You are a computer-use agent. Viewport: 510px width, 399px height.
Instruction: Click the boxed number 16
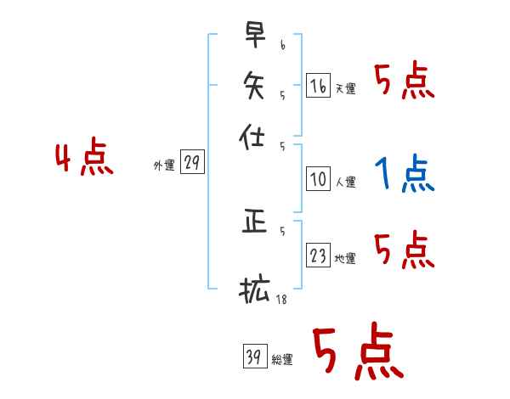(318, 85)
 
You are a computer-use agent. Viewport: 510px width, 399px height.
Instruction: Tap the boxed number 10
(318, 179)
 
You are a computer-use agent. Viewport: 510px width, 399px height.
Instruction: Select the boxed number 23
(318, 256)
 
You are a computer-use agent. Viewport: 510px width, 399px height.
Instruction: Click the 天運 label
(345, 88)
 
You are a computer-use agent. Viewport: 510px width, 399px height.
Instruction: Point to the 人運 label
(345, 182)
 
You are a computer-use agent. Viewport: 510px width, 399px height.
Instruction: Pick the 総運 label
(282, 359)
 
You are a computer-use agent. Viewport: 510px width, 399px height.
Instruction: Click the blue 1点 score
(405, 175)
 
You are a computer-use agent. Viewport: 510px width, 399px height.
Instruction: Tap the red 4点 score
(84, 160)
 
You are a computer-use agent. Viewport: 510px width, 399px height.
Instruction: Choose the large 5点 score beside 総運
(356, 353)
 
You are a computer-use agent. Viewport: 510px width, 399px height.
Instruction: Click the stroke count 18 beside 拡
(280, 300)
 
